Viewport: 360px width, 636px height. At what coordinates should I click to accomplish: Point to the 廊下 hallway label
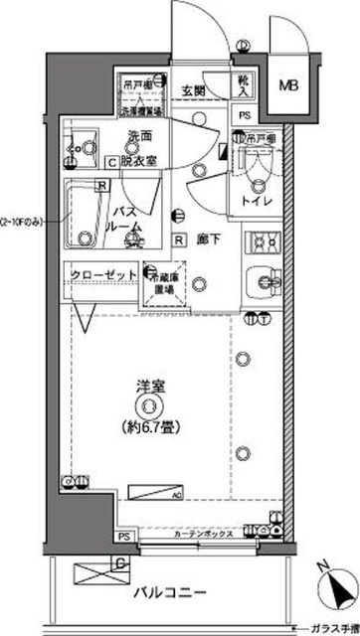[x=207, y=239]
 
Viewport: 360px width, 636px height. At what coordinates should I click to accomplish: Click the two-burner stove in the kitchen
[x=264, y=241]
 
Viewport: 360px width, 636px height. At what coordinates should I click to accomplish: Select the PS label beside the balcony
[x=123, y=538]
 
